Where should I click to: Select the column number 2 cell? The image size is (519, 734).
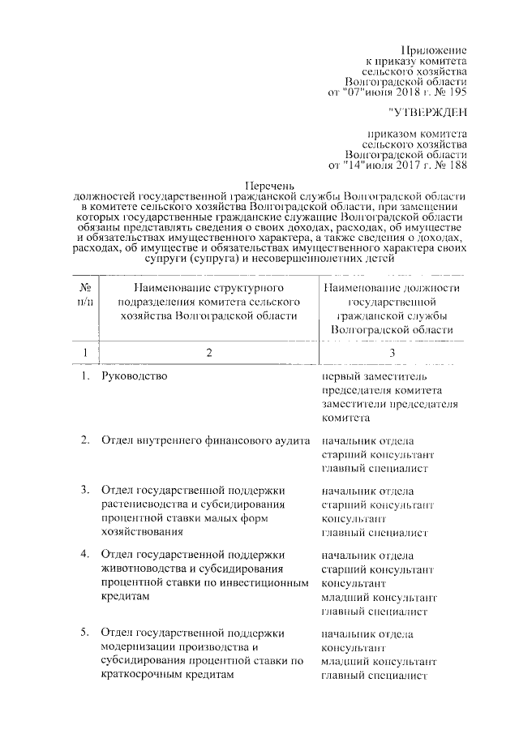coord(208,353)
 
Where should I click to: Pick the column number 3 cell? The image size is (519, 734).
coord(392,353)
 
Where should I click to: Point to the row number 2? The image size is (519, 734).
coord(85,440)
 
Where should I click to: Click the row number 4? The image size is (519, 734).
coord(85,554)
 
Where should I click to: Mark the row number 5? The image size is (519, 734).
coord(85,633)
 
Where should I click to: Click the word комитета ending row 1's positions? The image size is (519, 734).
coord(346,419)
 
